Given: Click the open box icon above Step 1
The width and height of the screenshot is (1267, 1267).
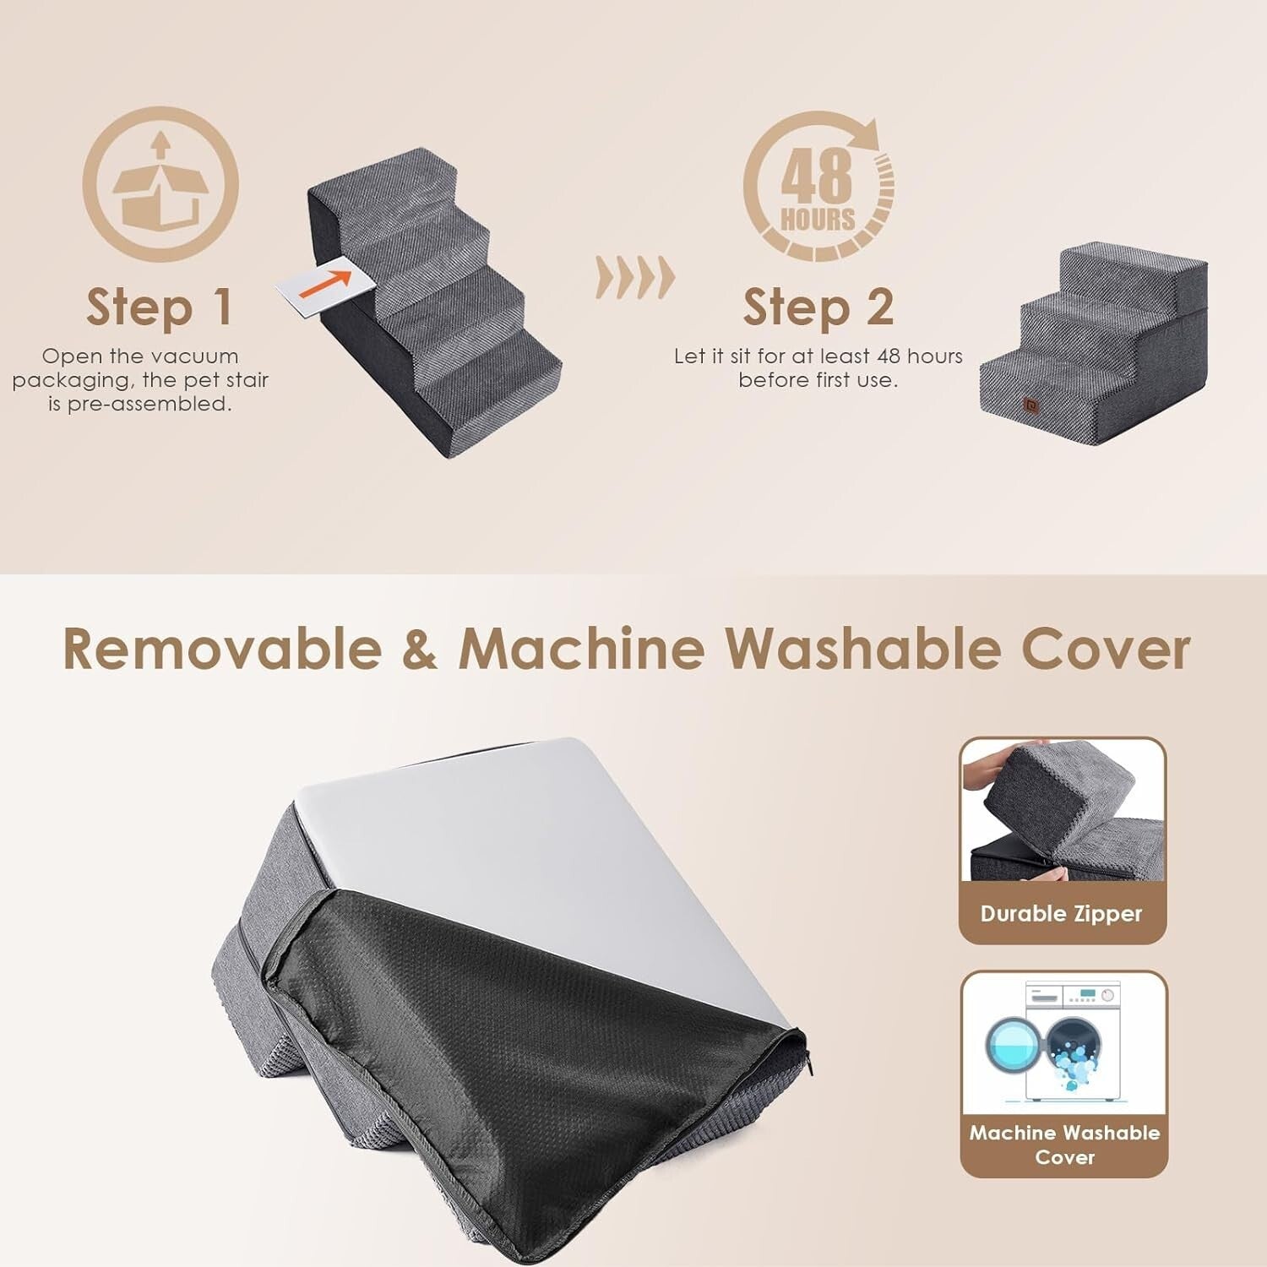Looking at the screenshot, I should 160,184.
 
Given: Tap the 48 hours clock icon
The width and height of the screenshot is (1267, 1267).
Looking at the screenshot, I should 818,184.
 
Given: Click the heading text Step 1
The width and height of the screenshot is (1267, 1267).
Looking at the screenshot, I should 159,307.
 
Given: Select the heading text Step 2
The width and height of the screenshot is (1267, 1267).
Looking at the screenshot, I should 818,307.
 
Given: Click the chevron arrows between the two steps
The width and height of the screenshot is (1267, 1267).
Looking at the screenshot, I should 635,277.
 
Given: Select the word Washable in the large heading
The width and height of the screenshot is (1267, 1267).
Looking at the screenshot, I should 863,650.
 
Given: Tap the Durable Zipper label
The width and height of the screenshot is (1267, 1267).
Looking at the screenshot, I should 1061,914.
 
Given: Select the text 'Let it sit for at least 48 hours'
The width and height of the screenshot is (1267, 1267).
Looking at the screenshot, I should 818,356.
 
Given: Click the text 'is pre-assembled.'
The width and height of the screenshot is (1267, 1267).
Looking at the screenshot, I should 140,404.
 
